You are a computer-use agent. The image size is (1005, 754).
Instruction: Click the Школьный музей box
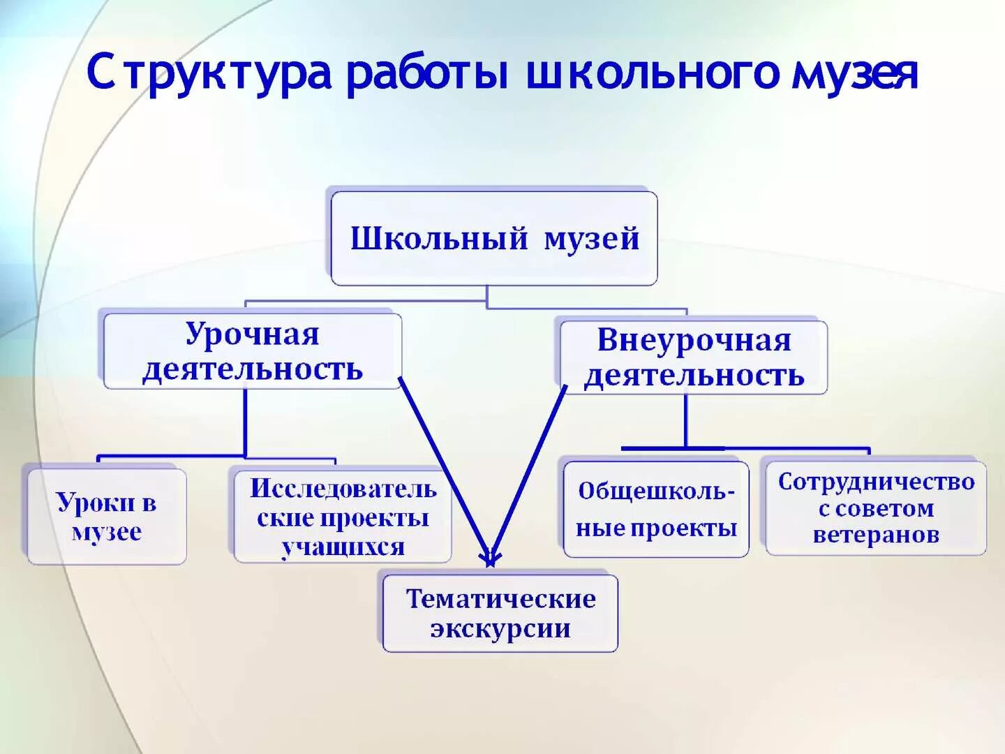tap(494, 239)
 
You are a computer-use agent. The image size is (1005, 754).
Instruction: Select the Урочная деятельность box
tap(252, 351)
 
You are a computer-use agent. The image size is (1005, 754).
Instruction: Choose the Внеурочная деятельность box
tap(694, 357)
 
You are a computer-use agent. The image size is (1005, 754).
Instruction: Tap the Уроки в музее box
tap(107, 517)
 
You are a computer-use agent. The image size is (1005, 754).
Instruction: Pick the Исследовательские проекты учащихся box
tap(343, 517)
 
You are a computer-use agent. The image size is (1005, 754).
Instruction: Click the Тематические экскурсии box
tap(500, 614)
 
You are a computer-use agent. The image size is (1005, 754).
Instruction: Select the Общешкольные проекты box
tap(656, 510)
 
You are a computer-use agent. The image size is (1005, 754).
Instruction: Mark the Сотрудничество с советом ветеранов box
tap(876, 508)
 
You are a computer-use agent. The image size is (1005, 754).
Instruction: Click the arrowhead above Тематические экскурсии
tap(491, 557)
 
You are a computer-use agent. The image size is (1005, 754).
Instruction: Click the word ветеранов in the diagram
tap(876, 535)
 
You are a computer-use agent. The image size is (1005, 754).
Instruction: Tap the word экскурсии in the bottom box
tap(500, 628)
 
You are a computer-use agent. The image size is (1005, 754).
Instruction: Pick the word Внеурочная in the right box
tap(694, 341)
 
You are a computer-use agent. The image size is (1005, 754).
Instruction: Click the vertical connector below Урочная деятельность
tap(245, 422)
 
